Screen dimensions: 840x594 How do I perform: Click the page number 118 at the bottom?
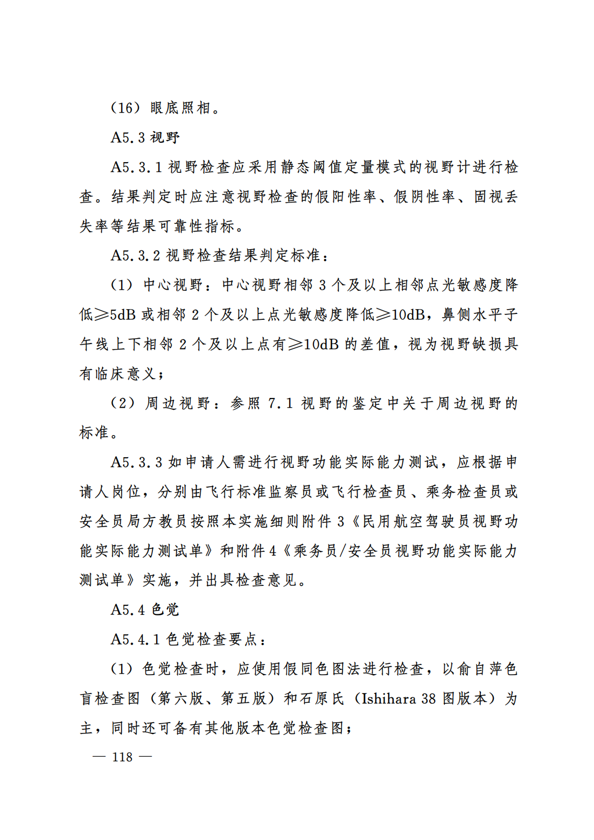(x=122, y=757)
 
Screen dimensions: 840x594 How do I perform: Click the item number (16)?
(x=125, y=108)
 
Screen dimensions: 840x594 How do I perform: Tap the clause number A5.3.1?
(x=136, y=167)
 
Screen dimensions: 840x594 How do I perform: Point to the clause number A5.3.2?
(x=136, y=255)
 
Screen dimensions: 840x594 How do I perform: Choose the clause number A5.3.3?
(x=136, y=462)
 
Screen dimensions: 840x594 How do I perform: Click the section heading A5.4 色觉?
(x=145, y=610)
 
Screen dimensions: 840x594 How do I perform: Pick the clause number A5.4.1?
(x=136, y=639)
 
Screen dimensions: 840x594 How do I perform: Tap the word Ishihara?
(x=389, y=698)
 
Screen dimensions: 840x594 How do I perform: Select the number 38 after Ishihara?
(x=429, y=698)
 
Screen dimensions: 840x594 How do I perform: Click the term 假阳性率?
(x=346, y=197)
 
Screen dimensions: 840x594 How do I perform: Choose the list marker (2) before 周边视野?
(x=122, y=403)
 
